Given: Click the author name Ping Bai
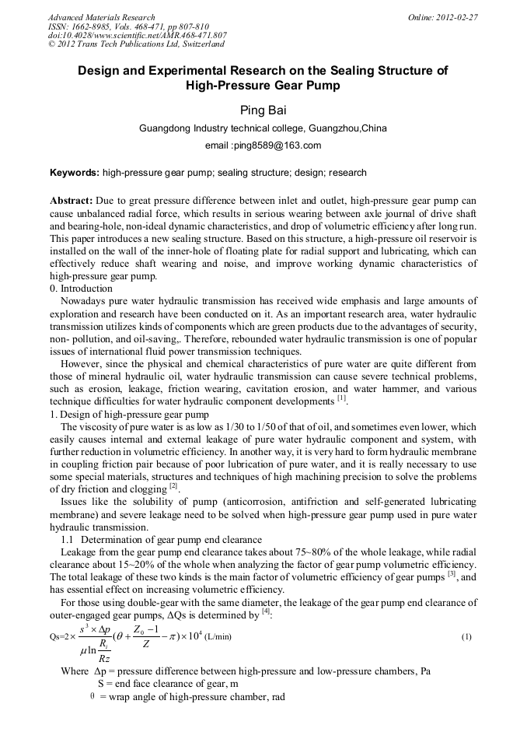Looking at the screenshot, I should tap(262, 110).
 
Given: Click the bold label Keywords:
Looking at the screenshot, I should tap(75, 173).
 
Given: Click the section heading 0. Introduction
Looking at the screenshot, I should tap(81, 289).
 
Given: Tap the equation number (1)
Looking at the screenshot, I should tap(466, 637).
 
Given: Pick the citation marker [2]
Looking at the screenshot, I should tap(174, 487).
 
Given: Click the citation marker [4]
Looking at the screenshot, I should tap(266, 611).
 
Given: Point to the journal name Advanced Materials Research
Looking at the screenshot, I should tap(101, 16).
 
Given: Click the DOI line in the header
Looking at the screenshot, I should tap(137, 35).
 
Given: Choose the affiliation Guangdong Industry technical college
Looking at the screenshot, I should tap(221, 128).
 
